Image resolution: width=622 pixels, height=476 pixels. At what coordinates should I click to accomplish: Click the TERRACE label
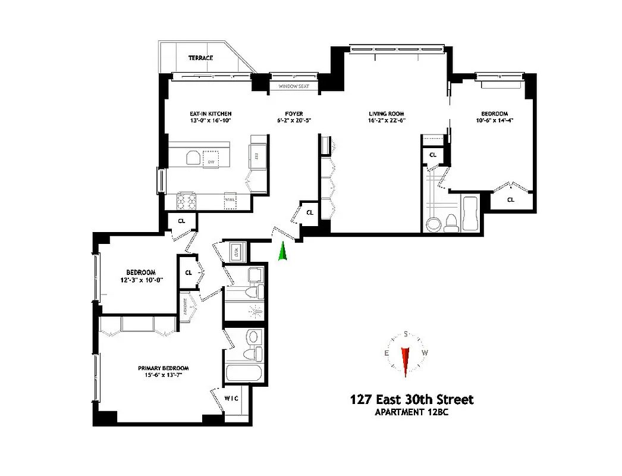tap(200, 58)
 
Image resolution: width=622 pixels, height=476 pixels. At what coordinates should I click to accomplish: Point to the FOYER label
tap(294, 114)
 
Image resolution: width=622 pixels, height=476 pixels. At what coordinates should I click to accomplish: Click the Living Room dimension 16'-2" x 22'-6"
tap(387, 121)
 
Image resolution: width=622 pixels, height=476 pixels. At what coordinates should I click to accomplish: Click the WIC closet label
tap(231, 398)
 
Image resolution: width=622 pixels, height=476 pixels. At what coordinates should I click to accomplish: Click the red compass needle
tap(406, 361)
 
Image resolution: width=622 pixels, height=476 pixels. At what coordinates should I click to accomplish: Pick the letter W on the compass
tap(425, 353)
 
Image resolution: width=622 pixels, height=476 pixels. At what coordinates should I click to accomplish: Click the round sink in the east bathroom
tap(433, 223)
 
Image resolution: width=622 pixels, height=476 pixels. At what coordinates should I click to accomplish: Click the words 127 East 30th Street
tap(411, 400)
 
